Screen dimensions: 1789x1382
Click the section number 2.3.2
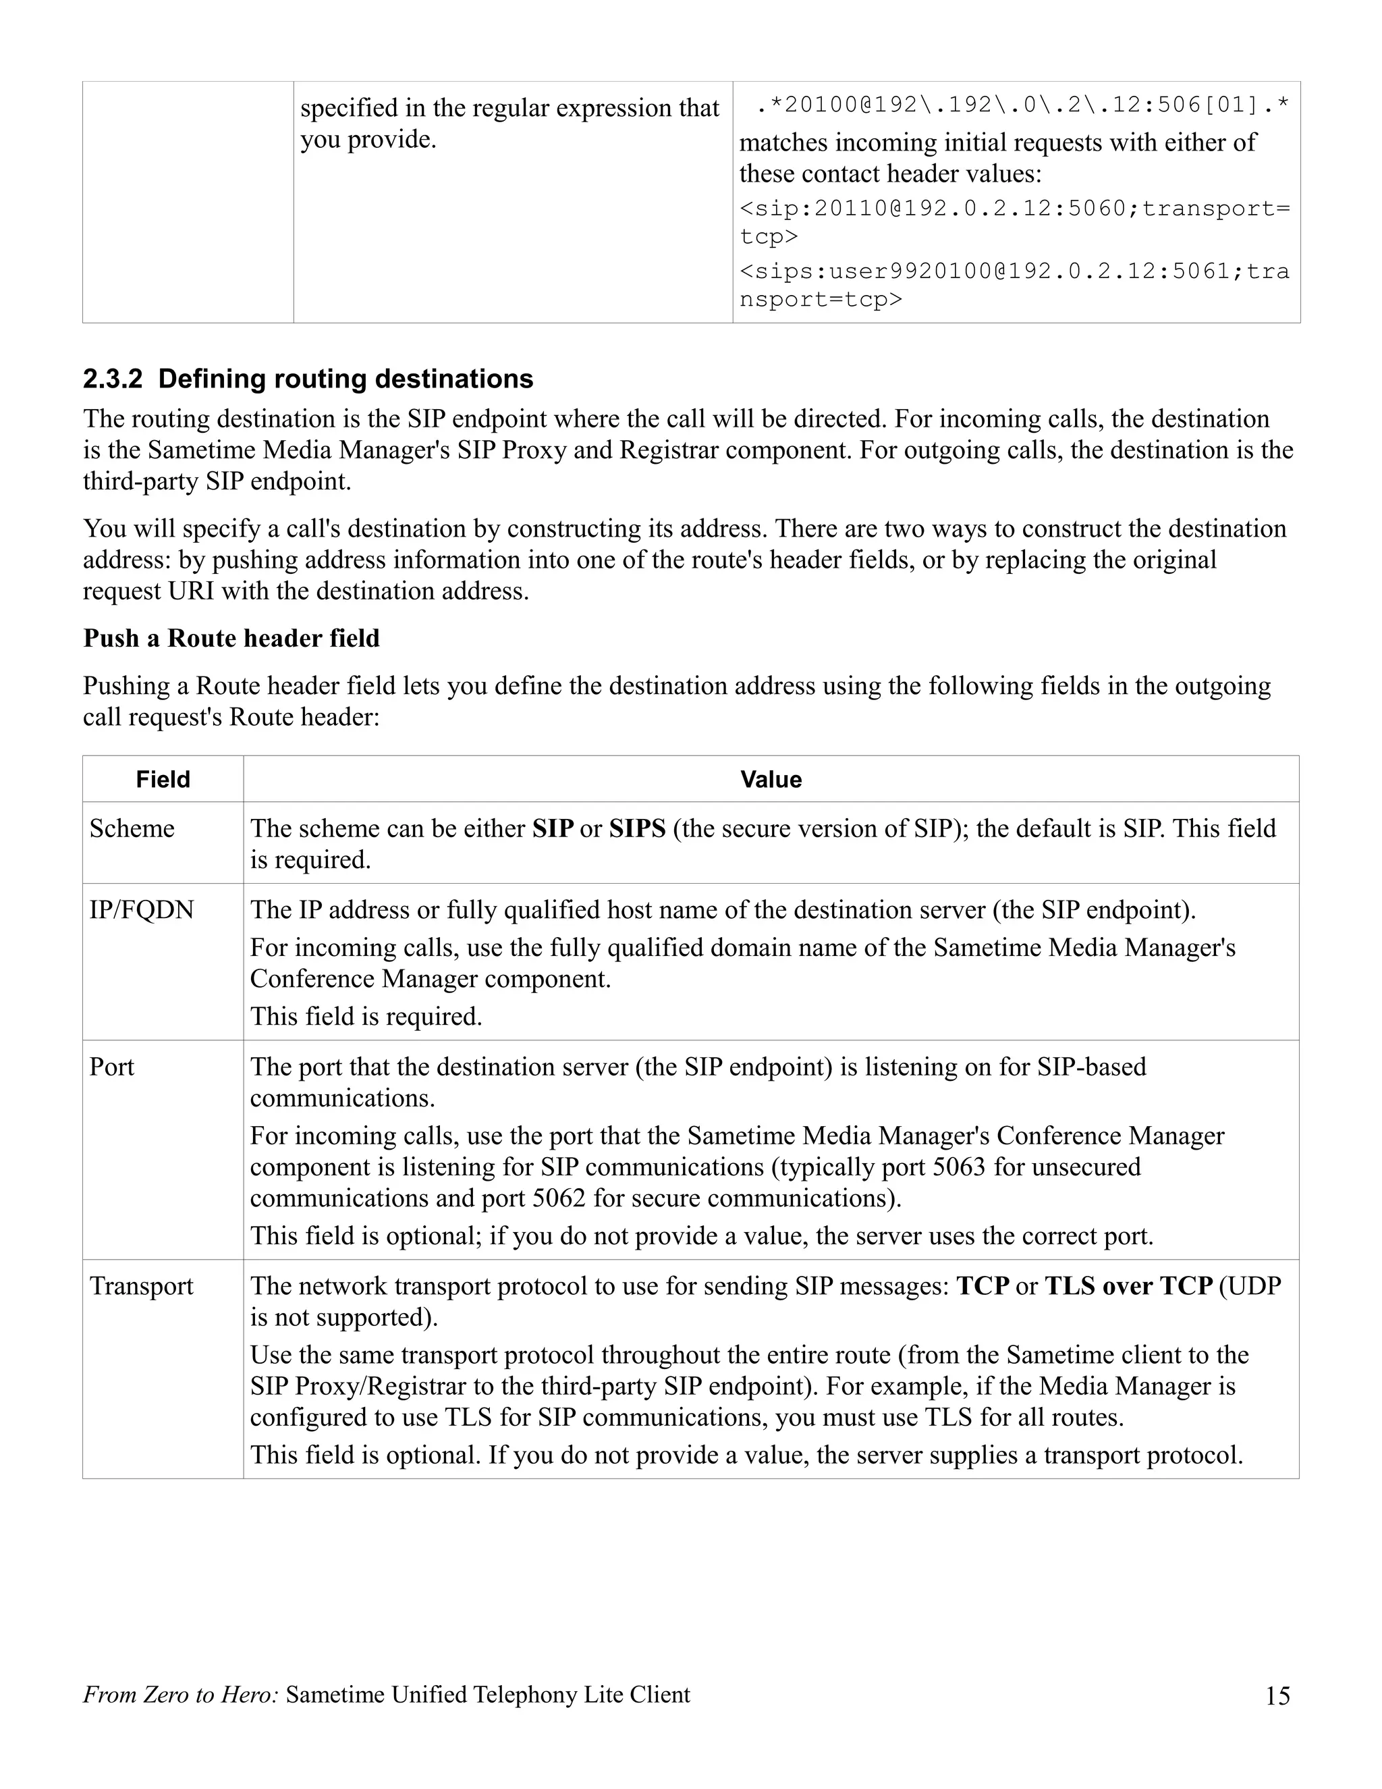pyautogui.click(x=112, y=379)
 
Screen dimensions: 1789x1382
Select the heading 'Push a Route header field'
pyautogui.click(x=231, y=638)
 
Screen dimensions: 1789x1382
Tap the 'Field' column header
pyautogui.click(x=163, y=779)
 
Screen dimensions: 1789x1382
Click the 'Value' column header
pyautogui.click(x=771, y=779)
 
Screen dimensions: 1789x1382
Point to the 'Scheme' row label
pyautogui.click(x=132, y=828)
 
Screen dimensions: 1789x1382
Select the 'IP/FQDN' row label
pyautogui.click(x=142, y=910)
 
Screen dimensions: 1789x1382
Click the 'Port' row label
pyautogui.click(x=111, y=1067)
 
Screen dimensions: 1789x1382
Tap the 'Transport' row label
pyautogui.click(x=142, y=1286)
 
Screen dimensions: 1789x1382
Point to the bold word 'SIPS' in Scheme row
pyautogui.click(x=637, y=828)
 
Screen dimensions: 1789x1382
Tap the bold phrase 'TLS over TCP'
pyautogui.click(x=1128, y=1286)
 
